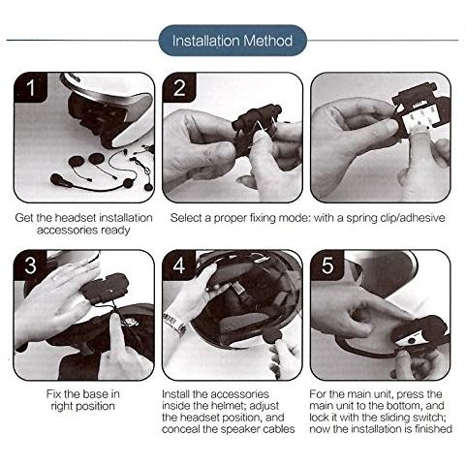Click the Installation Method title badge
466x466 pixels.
coord(233,41)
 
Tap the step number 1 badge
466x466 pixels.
coord(30,87)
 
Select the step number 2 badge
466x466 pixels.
coord(179,87)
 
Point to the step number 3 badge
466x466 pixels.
coord(30,265)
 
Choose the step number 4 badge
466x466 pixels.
coord(179,265)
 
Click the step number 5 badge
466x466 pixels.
coord(327,265)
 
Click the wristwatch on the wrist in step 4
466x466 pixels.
coord(174,322)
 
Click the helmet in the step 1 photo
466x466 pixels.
coord(109,109)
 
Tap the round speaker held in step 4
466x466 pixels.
coord(272,335)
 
